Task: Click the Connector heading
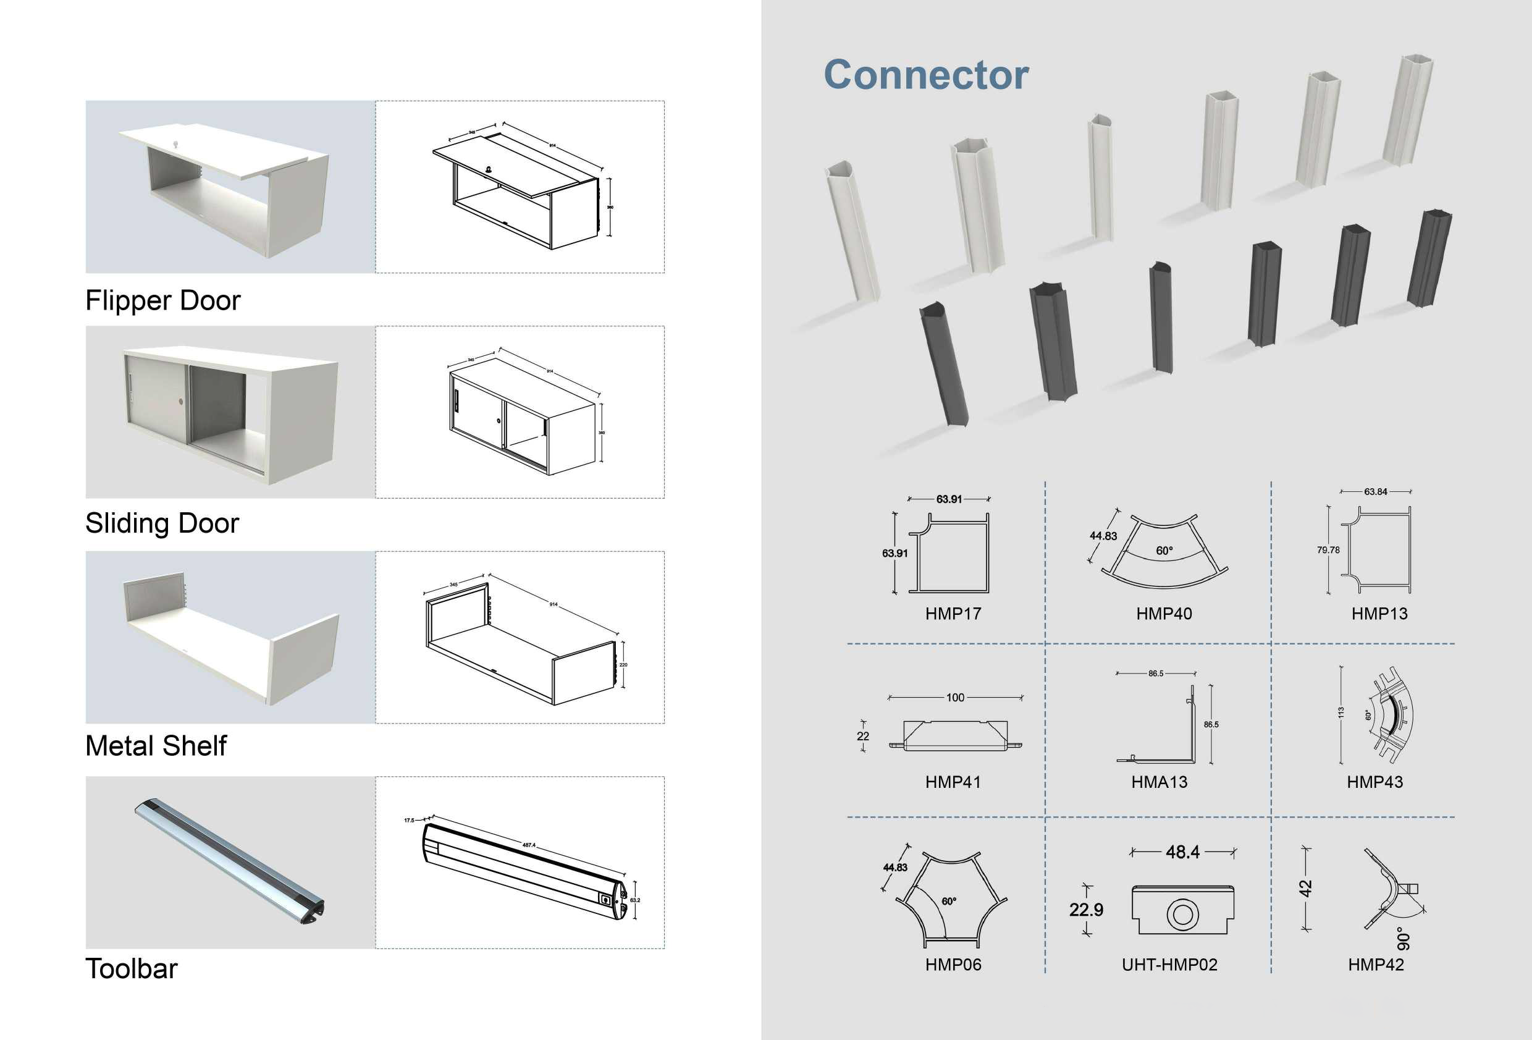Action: pos(925,75)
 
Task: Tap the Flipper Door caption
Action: pos(163,301)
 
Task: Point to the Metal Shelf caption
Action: pos(156,746)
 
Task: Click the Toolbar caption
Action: pos(131,970)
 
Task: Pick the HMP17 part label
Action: pos(953,614)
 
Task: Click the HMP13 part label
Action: pos(1379,614)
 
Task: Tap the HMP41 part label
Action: pos(953,782)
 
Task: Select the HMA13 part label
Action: pos(1159,782)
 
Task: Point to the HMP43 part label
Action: pos(1374,782)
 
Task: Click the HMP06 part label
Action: pos(953,965)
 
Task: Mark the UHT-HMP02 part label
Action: pos(1169,965)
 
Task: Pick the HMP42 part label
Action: pos(1376,965)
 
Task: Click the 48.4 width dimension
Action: pos(1182,852)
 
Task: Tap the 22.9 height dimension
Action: pos(1087,910)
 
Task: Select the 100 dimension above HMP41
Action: pos(955,698)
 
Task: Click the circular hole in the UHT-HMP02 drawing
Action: pos(1182,915)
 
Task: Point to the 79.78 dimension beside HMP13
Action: pos(1328,550)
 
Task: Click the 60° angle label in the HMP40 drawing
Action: pos(1164,551)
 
